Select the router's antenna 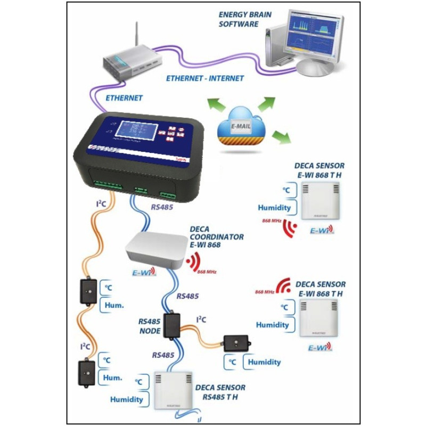click(x=136, y=34)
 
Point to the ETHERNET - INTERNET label click(x=205, y=78)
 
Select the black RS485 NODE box click(x=172, y=325)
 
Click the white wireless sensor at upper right click(x=319, y=201)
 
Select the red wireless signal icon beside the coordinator click(x=194, y=260)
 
